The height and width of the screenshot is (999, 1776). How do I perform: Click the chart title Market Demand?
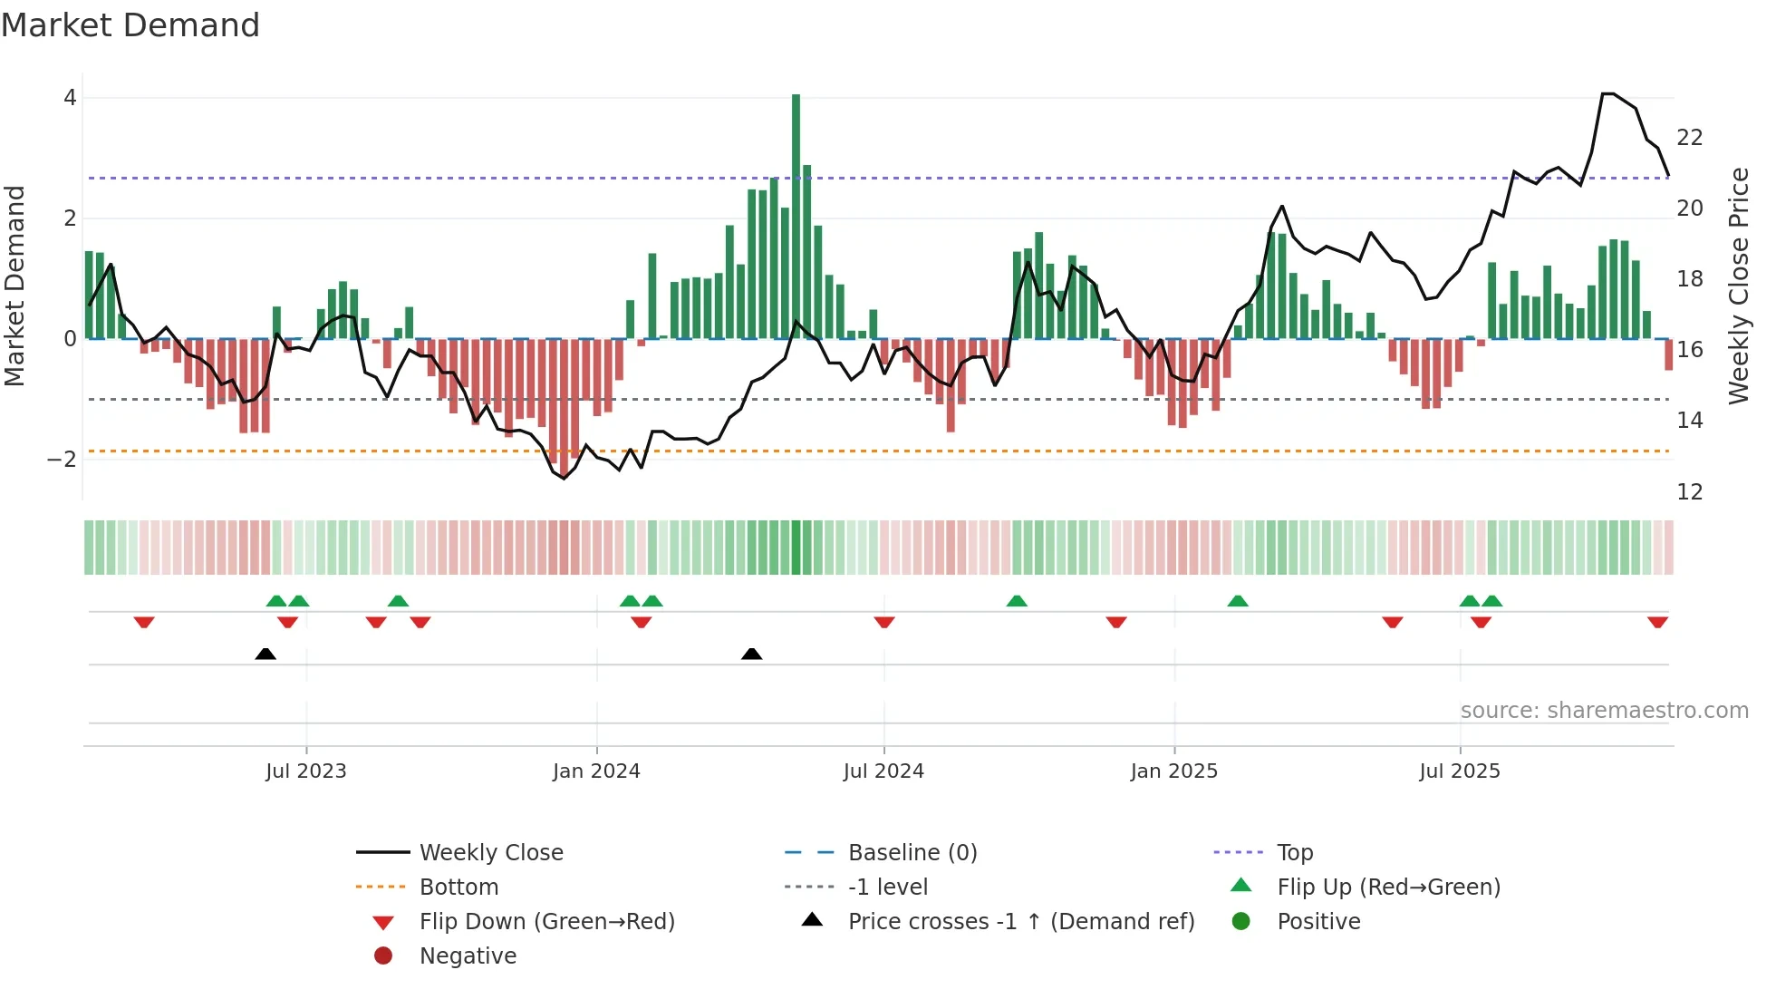(x=130, y=25)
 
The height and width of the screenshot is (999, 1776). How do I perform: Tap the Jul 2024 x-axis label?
(x=883, y=771)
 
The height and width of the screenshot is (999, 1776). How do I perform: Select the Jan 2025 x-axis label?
(x=1173, y=771)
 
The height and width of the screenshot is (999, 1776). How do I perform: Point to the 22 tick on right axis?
(x=1689, y=138)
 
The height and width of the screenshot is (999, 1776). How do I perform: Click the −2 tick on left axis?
(x=62, y=460)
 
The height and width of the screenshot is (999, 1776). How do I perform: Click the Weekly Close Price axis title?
(x=1738, y=286)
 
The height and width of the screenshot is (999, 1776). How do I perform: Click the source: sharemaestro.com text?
(x=1604, y=711)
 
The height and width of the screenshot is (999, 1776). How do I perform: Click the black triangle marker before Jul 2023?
(x=265, y=654)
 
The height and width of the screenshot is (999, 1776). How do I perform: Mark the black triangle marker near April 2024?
(x=751, y=654)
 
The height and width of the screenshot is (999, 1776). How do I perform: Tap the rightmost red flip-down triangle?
(x=1657, y=622)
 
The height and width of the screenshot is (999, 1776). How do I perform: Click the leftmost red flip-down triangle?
(x=144, y=622)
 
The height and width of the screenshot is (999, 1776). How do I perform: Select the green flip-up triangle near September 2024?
(x=1017, y=601)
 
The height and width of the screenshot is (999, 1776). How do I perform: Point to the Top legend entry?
(x=1294, y=853)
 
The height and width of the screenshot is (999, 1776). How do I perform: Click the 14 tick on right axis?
(x=1689, y=421)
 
